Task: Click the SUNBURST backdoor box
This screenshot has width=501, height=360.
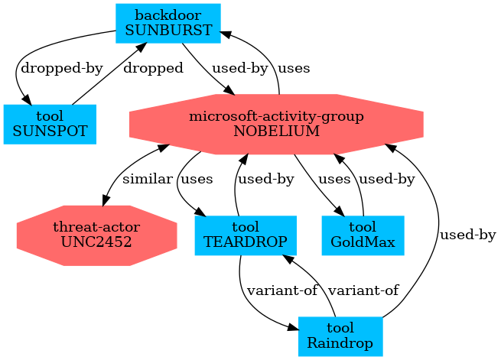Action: click(x=168, y=23)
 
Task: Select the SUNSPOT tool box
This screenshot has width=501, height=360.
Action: click(x=50, y=124)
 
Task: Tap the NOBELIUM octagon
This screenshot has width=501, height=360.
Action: click(x=276, y=124)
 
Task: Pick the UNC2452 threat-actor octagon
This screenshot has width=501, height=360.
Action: click(x=96, y=235)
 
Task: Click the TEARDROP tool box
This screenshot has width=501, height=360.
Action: click(x=245, y=235)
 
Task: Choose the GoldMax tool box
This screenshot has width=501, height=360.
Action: click(x=363, y=235)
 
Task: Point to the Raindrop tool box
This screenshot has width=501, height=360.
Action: click(x=340, y=336)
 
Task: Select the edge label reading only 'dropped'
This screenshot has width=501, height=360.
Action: click(x=152, y=68)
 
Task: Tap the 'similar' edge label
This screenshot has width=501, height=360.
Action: click(x=147, y=180)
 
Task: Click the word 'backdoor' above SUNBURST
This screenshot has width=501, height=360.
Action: click(x=168, y=16)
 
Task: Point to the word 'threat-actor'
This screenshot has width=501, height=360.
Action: click(x=96, y=228)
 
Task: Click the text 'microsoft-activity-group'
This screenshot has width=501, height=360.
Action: click(x=276, y=117)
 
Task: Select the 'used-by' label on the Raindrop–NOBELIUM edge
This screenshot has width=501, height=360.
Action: click(x=467, y=235)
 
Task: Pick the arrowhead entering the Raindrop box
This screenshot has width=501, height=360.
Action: click(x=293, y=328)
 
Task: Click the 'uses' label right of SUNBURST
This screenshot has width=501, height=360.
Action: click(x=294, y=68)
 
